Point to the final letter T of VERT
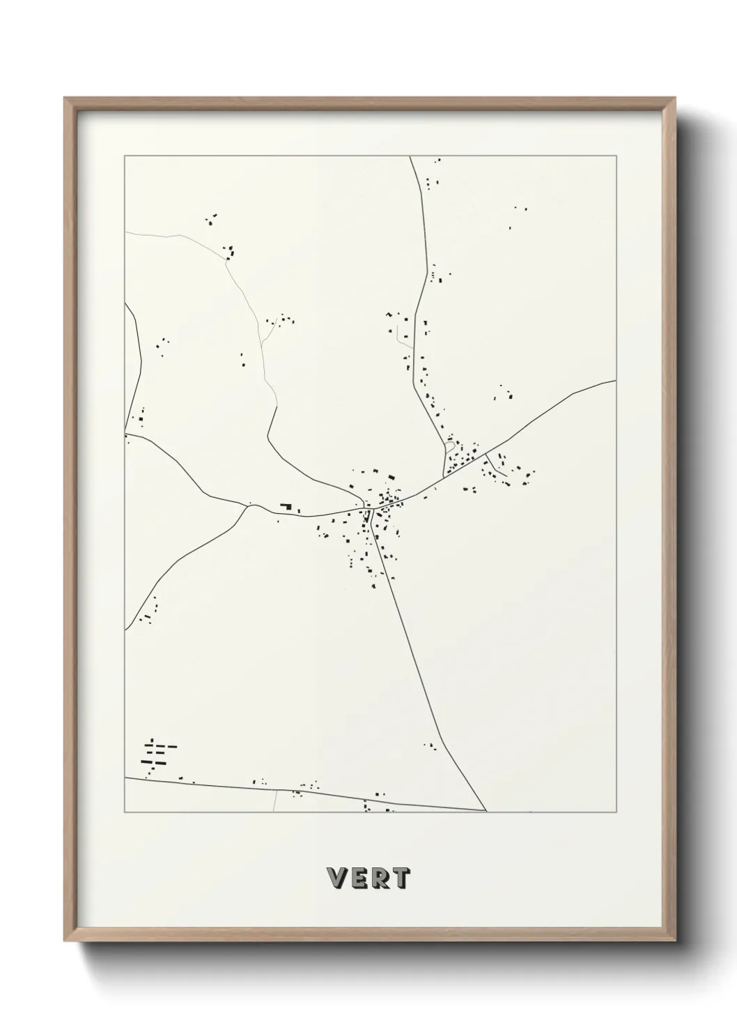pyautogui.click(x=401, y=879)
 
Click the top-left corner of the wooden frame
pyautogui.click(x=65, y=98)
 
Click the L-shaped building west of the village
pyautogui.click(x=286, y=506)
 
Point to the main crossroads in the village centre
pyautogui.click(x=372, y=508)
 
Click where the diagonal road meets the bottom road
pyautogui.click(x=486, y=811)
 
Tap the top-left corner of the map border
pyautogui.click(x=125, y=156)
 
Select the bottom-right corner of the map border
pyautogui.click(x=616, y=812)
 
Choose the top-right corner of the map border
pyautogui.click(x=616, y=156)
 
